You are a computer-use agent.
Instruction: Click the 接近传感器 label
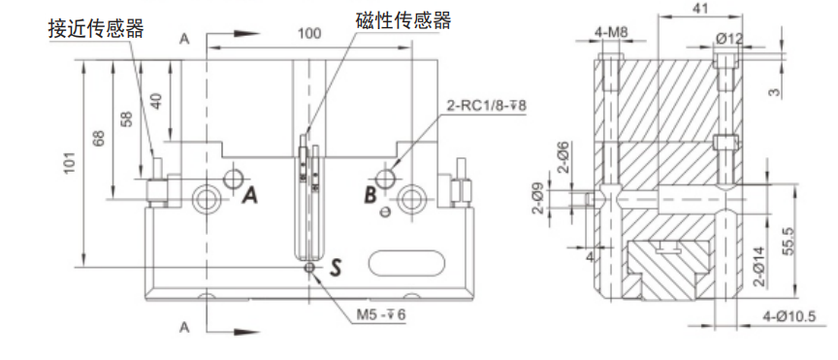click(x=96, y=28)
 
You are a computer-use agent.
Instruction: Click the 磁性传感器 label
click(x=403, y=19)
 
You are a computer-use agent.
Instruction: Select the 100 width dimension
click(x=309, y=34)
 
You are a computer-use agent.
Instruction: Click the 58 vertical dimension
click(x=127, y=119)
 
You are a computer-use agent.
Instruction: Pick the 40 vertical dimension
click(x=155, y=101)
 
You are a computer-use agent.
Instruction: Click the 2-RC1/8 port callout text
click(x=486, y=106)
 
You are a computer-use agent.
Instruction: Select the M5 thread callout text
click(x=381, y=315)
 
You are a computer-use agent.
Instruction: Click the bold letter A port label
click(x=249, y=196)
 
